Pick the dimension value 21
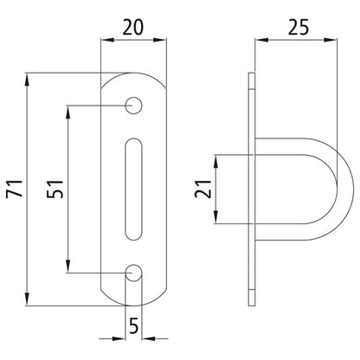200,188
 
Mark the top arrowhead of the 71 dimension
30,79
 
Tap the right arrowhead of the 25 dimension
345,41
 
